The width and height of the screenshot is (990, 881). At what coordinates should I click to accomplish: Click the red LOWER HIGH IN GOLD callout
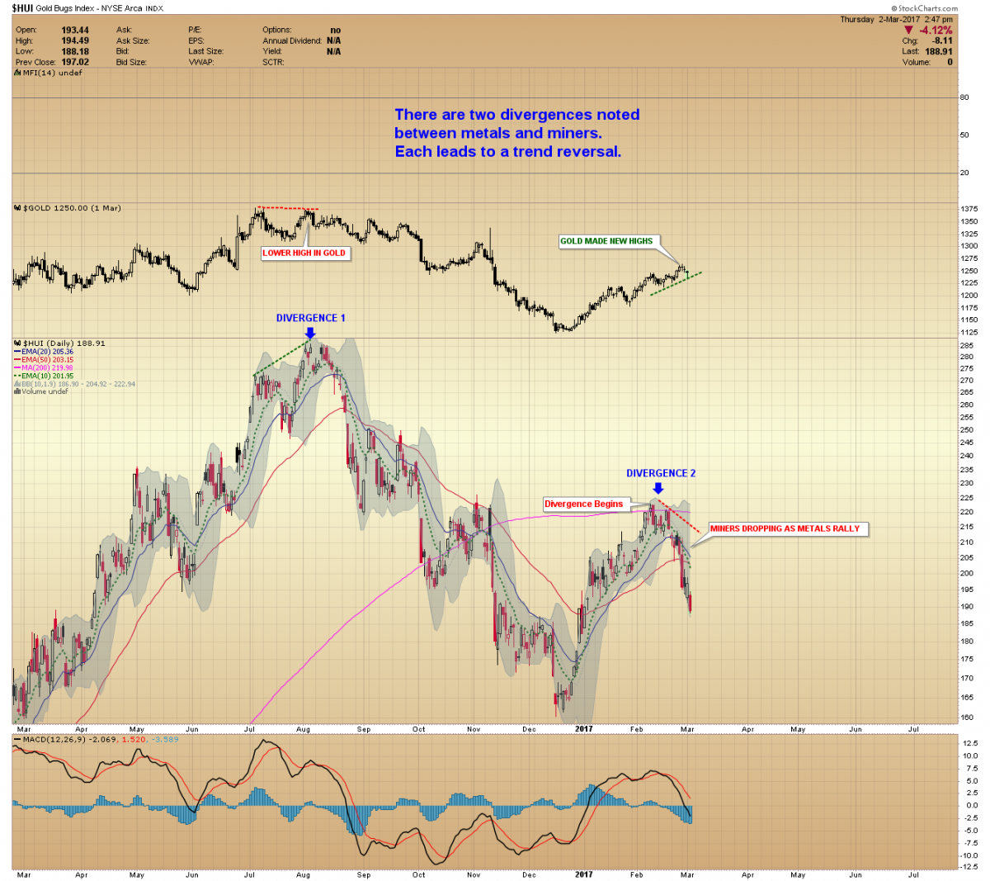pyautogui.click(x=304, y=253)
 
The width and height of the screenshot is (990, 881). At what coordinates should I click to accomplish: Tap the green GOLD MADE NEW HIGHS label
pyautogui.click(x=606, y=241)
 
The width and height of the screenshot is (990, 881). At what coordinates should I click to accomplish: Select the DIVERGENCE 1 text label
pyautogui.click(x=310, y=318)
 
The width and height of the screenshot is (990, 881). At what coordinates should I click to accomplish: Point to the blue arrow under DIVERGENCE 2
pyautogui.click(x=658, y=488)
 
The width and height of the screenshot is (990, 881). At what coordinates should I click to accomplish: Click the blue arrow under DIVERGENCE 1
pyautogui.click(x=309, y=332)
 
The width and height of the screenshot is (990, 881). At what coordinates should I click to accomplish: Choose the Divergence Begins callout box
pyautogui.click(x=584, y=504)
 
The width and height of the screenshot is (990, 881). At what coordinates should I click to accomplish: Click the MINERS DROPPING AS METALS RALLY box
pyautogui.click(x=785, y=528)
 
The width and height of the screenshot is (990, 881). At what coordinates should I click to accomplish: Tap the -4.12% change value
pyautogui.click(x=936, y=31)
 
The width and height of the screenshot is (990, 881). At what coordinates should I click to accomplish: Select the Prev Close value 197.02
pyautogui.click(x=75, y=62)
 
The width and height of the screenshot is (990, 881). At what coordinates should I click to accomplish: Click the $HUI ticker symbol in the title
pyautogui.click(x=21, y=8)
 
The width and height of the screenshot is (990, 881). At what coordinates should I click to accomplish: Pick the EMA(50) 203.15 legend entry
pyautogui.click(x=47, y=360)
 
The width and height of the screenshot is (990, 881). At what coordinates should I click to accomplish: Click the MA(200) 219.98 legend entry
pyautogui.click(x=47, y=368)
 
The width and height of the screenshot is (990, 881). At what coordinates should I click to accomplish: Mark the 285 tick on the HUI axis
pyautogui.click(x=966, y=345)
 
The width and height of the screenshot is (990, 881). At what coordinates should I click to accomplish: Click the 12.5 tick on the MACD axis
pyautogui.click(x=969, y=743)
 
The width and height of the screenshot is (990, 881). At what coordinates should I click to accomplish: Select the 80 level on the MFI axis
pyautogui.click(x=964, y=97)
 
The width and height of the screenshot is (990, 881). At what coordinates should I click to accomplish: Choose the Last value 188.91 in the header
pyautogui.click(x=938, y=51)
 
